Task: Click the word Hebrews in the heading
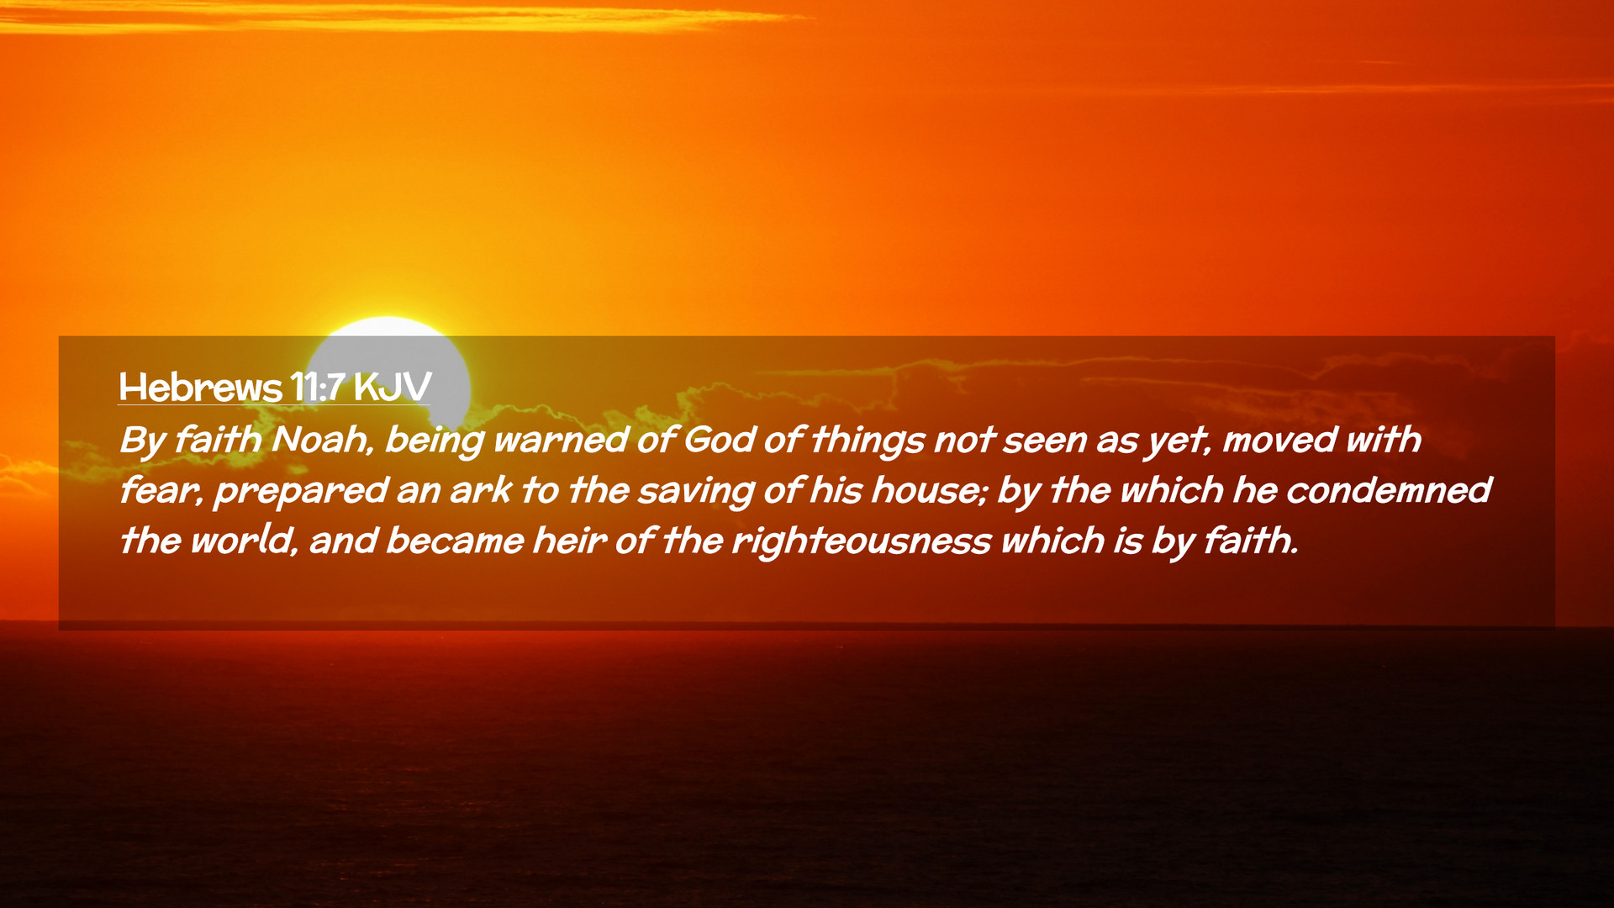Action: coord(200,387)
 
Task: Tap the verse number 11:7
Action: coord(318,387)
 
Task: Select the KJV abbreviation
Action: coord(393,387)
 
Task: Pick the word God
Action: coord(720,440)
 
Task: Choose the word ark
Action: coord(480,490)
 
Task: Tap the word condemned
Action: coord(1389,490)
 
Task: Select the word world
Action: coord(244,541)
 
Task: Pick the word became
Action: coord(455,541)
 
